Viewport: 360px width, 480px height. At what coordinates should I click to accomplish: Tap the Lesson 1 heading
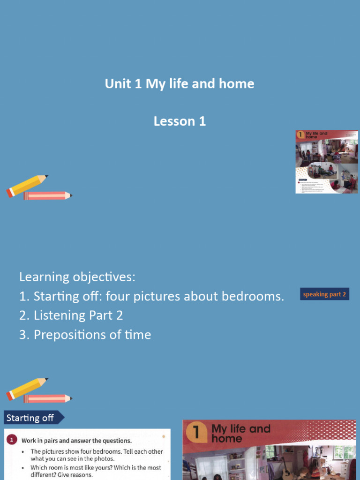[180, 121]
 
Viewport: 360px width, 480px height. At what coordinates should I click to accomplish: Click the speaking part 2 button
[324, 294]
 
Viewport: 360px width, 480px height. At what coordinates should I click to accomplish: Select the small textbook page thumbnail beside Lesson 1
[326, 162]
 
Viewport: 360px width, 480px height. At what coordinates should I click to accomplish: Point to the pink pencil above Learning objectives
[47, 195]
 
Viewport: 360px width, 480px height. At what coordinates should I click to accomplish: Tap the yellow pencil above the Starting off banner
[27, 388]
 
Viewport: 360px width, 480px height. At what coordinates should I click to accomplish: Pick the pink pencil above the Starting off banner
[47, 398]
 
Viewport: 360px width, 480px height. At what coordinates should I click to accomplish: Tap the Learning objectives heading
[77, 277]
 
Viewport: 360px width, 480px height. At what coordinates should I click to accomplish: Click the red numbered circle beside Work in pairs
[12, 440]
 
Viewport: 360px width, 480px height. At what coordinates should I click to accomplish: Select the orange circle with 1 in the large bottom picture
[197, 432]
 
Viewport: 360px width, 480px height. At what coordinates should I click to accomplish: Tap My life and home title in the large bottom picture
[241, 434]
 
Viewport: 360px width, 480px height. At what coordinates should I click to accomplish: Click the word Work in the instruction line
[30, 441]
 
